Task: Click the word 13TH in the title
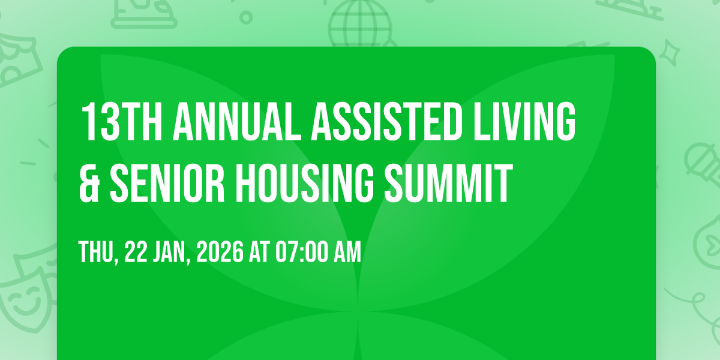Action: point(122,122)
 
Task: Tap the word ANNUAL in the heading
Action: point(237,122)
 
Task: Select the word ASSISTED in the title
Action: point(386,122)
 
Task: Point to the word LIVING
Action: point(524,122)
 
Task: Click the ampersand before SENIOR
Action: point(89,183)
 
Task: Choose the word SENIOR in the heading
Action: point(167,183)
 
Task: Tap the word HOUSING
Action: point(305,183)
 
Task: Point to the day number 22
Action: point(136,251)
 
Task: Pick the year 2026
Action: point(220,251)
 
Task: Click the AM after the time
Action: point(348,251)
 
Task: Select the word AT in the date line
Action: point(259,251)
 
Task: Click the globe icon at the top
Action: point(360,23)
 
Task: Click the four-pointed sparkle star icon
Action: point(669,53)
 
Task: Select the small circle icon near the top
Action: point(246,17)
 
